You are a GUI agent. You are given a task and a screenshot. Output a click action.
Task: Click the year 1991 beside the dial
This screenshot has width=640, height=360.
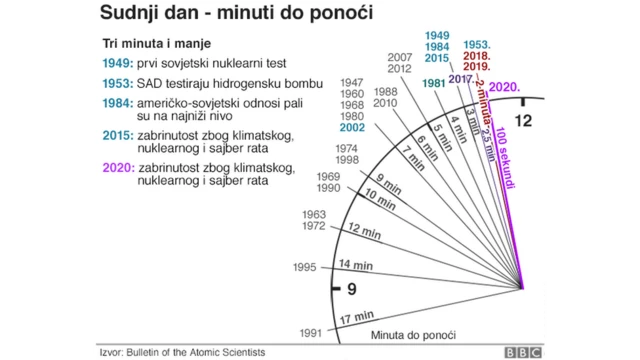pos(312,332)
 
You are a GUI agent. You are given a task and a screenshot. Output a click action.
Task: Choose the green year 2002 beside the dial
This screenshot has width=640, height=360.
pos(352,127)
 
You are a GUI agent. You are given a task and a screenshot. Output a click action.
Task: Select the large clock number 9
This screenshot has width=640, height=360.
pos(350,291)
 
